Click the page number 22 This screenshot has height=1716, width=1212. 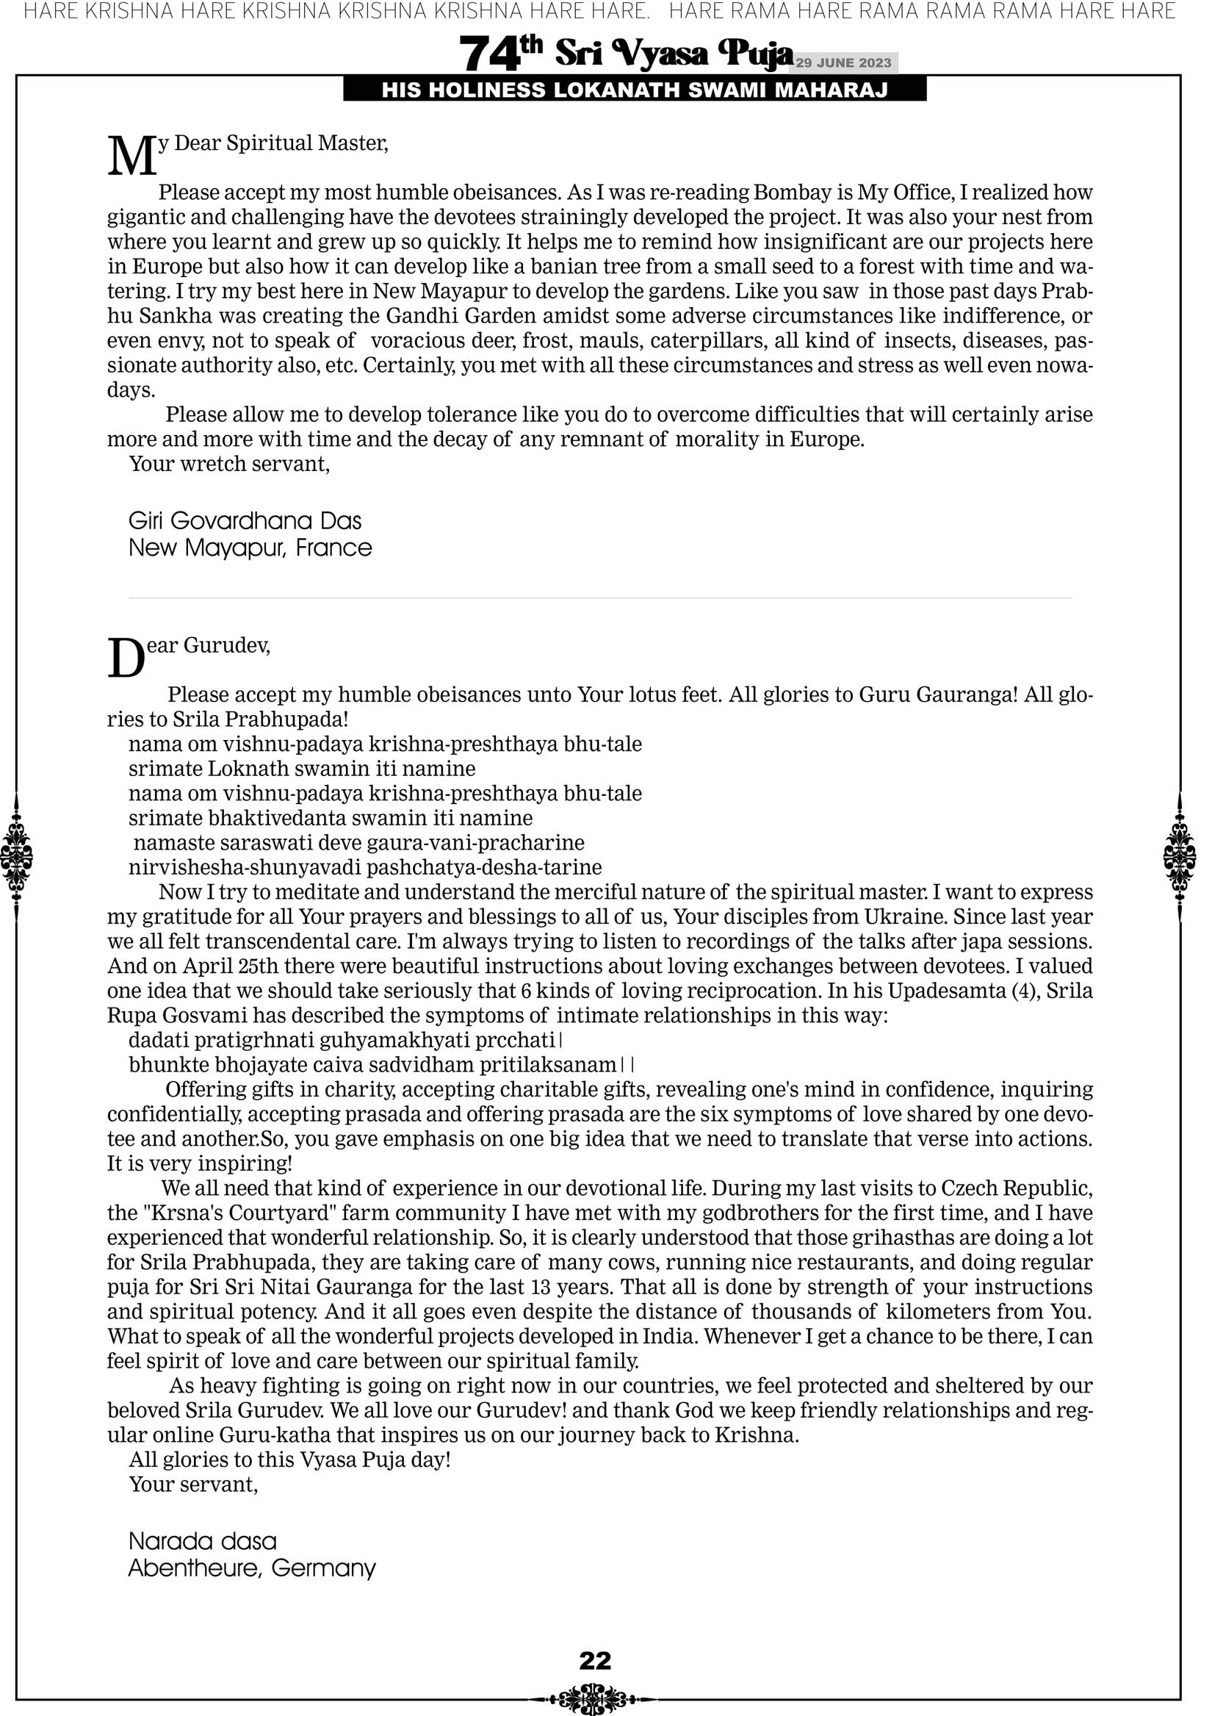(x=595, y=1660)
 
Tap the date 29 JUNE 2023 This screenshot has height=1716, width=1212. (x=843, y=62)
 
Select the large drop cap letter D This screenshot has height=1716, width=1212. (x=126, y=659)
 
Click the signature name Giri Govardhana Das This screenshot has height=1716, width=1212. (x=245, y=521)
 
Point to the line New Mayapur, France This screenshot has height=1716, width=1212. (x=250, y=548)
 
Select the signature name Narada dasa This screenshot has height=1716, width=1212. (x=203, y=1541)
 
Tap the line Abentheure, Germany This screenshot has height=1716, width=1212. (x=252, y=1568)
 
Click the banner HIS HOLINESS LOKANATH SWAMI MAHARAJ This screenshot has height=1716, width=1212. (x=635, y=90)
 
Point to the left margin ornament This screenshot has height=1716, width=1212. (x=16, y=856)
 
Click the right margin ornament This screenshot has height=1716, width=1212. (x=1180, y=856)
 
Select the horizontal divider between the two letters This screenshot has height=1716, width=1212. (x=600, y=598)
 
